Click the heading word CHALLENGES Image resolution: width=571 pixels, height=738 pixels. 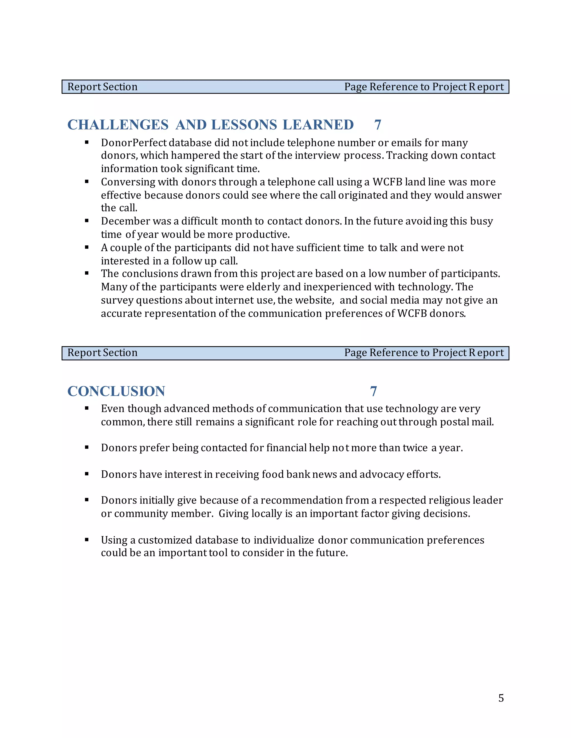pos(118,125)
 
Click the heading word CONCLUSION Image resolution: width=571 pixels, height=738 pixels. pos(116,391)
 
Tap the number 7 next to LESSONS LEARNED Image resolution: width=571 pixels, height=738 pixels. pos(378,125)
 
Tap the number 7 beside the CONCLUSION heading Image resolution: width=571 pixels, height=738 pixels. pos(373,391)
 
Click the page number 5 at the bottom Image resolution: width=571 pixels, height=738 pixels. pos(501,698)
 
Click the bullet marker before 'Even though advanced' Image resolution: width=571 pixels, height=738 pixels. pos(87,408)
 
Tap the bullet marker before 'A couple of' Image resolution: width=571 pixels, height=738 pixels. pos(87,247)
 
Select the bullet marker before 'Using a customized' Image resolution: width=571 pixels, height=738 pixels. pos(87,540)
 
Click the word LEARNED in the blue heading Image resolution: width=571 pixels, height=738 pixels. pos(318,125)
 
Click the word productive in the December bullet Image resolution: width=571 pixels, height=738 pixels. pos(262,234)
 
